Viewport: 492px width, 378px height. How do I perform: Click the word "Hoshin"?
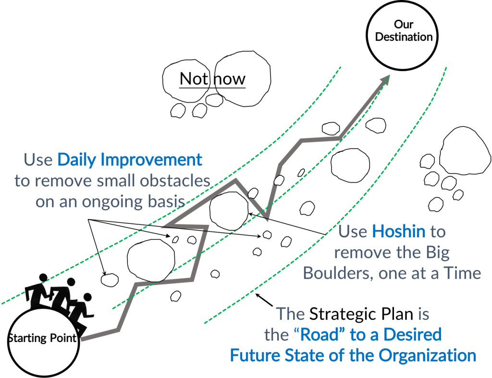point(398,232)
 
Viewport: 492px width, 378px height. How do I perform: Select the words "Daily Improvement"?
point(130,160)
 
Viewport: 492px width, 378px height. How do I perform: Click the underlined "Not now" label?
point(212,79)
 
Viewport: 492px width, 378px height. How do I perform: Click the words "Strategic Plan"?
point(361,314)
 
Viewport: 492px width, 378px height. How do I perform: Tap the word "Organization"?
point(427,356)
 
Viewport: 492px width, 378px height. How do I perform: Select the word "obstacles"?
point(175,181)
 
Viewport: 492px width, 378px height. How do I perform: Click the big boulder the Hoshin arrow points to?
point(229,211)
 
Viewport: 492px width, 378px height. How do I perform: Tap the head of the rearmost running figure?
point(43,278)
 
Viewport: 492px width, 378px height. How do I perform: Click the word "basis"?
point(166,202)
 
